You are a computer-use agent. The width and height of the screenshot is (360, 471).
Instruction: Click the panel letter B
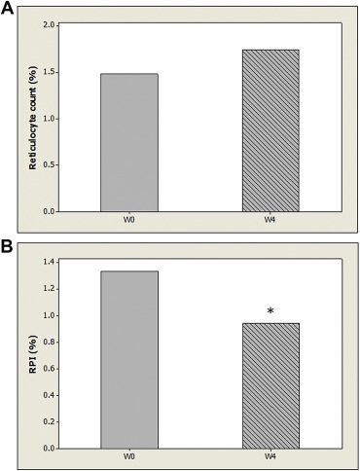click(x=8, y=247)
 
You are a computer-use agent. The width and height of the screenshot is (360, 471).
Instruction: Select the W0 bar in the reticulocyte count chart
click(x=128, y=142)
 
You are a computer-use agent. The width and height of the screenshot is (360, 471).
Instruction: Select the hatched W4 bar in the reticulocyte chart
click(x=270, y=130)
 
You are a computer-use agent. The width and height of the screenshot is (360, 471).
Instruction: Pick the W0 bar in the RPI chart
click(x=128, y=360)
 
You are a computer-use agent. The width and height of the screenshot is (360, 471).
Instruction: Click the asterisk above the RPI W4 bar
click(x=270, y=311)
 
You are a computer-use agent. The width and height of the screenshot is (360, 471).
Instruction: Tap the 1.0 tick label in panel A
click(x=47, y=119)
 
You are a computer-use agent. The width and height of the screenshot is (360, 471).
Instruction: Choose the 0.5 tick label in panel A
click(x=47, y=164)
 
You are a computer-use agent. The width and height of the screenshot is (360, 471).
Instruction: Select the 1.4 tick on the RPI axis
click(x=47, y=262)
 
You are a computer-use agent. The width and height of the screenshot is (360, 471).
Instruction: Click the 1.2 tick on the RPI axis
click(x=47, y=289)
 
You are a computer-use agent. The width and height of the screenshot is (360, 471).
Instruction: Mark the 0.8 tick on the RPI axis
click(x=47, y=343)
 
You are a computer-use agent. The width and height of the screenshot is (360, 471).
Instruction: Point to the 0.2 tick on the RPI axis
click(x=47, y=422)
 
